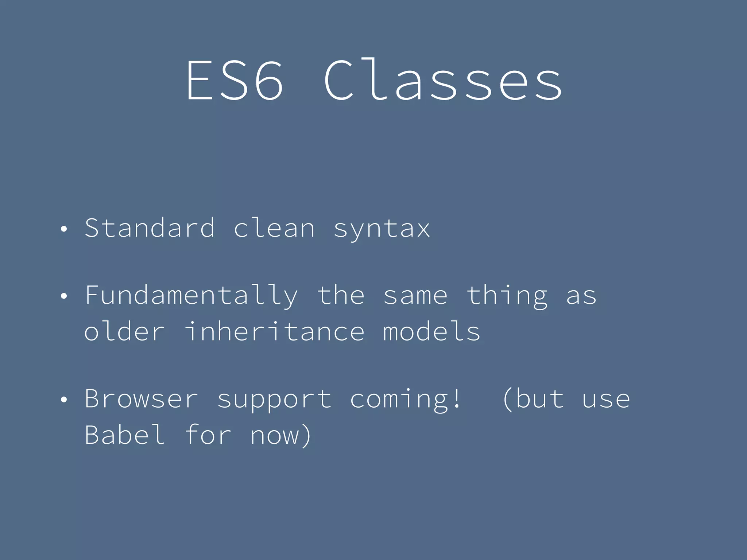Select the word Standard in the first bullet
coord(150,228)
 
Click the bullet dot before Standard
coord(64,229)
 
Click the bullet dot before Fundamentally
coord(64,296)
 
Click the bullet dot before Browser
coord(64,400)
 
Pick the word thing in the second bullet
coord(507,296)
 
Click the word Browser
coord(142,399)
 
